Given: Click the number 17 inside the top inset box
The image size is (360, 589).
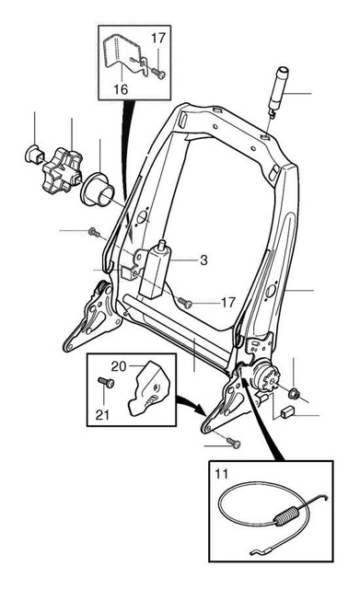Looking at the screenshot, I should [x=159, y=38].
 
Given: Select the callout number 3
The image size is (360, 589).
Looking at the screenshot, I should [x=203, y=260].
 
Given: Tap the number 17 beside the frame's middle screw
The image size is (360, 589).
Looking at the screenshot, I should [x=228, y=302].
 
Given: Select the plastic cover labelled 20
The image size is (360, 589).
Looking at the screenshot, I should [x=147, y=387].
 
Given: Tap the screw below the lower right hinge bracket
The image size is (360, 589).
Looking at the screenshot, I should [x=234, y=444].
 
